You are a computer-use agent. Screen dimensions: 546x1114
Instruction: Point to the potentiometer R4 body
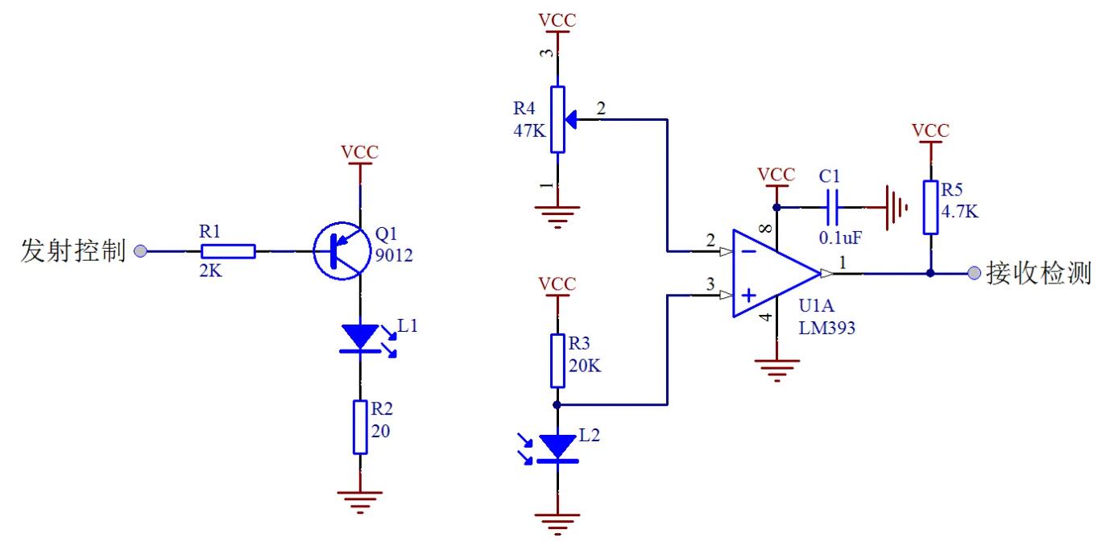click(x=557, y=119)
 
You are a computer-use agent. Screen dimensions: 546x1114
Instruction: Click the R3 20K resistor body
click(x=557, y=361)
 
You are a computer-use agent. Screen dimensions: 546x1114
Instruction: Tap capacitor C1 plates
click(x=834, y=207)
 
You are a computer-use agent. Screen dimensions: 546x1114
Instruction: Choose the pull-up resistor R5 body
click(x=931, y=207)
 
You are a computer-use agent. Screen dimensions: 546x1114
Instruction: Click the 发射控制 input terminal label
click(x=73, y=251)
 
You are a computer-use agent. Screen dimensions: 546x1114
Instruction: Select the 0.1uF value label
click(x=841, y=238)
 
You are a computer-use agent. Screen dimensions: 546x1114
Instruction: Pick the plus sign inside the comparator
click(x=747, y=296)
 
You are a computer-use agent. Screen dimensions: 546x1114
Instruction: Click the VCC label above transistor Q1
click(x=359, y=152)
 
